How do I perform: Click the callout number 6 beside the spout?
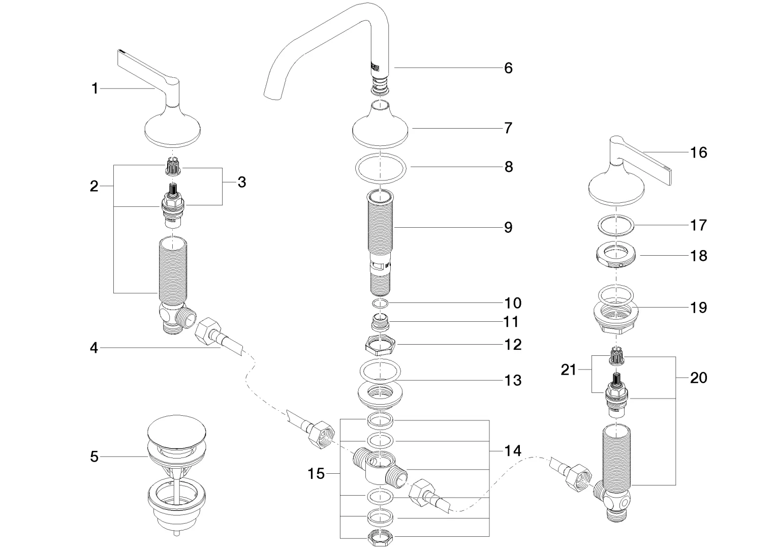pos(508,68)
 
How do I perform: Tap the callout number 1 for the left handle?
pos(95,88)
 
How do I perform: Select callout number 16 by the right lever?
pos(699,152)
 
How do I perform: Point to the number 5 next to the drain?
pos(94,456)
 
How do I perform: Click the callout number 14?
pos(513,450)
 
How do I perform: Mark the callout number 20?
pos(699,378)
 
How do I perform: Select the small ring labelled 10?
pos(381,303)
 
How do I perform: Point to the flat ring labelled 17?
pos(616,225)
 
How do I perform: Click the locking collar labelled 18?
pos(616,255)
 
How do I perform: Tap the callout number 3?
pos(241,181)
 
